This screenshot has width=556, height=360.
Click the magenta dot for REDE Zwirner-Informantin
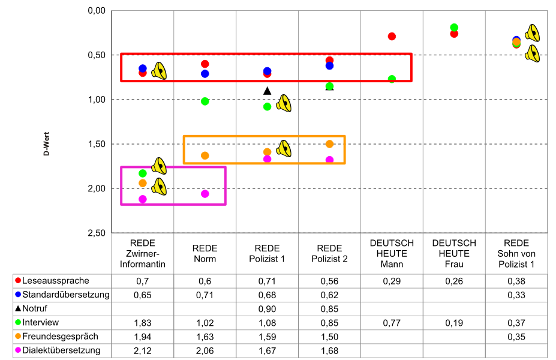[142, 199]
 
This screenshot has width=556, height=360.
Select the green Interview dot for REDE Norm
[205, 101]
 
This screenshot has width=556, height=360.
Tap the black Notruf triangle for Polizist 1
[268, 91]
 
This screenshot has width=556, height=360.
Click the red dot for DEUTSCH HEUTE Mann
[392, 37]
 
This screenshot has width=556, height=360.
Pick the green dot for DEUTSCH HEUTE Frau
[454, 28]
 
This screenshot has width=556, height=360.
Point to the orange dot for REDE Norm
[205, 155]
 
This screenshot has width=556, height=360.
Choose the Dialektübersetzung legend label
[62, 350]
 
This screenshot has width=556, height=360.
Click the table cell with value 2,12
[142, 350]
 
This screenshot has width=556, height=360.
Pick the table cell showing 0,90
[267, 308]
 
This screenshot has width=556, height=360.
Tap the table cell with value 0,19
[454, 323]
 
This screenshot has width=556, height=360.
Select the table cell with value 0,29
[392, 281]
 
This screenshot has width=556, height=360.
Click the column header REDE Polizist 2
[329, 253]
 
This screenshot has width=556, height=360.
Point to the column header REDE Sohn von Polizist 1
[516, 253]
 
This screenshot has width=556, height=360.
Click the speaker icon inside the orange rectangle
[284, 148]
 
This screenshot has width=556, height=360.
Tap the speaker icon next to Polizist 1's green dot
[284, 103]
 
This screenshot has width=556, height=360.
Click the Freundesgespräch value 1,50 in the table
[329, 337]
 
